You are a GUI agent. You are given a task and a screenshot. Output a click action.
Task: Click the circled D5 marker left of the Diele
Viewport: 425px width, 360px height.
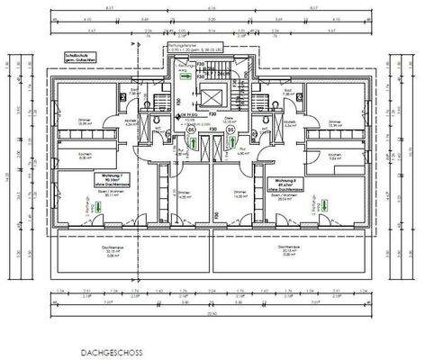[191, 130]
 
